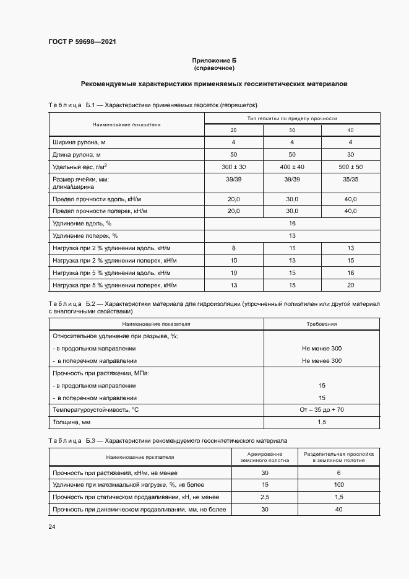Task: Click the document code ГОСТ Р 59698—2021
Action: [x=82, y=42]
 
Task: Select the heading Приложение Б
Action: [x=214, y=60]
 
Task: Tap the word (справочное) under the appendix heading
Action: [x=214, y=67]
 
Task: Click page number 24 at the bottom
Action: [x=51, y=526]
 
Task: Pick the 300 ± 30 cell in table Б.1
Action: [x=233, y=167]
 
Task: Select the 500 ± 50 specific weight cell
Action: [x=350, y=167]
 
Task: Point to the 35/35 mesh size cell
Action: [x=350, y=180]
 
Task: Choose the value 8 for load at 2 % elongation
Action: [x=233, y=248]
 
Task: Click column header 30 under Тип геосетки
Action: [x=292, y=130]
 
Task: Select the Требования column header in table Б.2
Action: [x=322, y=324]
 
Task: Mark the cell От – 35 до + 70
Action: [x=322, y=410]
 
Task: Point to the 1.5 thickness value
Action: [x=322, y=422]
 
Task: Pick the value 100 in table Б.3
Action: [x=338, y=484]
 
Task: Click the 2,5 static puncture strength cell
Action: [x=265, y=497]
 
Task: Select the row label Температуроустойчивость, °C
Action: [x=95, y=410]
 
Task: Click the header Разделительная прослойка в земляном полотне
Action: [x=338, y=458]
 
